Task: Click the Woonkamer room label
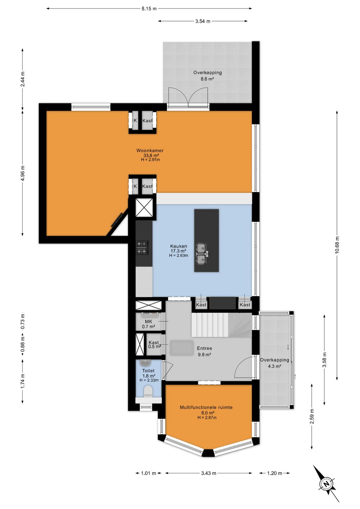150,150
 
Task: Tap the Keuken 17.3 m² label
179,248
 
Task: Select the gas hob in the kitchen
142,247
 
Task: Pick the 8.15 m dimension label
149,9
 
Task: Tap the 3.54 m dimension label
203,21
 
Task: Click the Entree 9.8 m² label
204,351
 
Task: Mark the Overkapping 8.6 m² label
207,76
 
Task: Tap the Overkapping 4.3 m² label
274,363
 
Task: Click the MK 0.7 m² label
149,324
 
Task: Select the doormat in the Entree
182,348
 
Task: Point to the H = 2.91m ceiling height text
150,159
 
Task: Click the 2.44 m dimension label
22,79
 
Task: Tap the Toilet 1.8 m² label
149,375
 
